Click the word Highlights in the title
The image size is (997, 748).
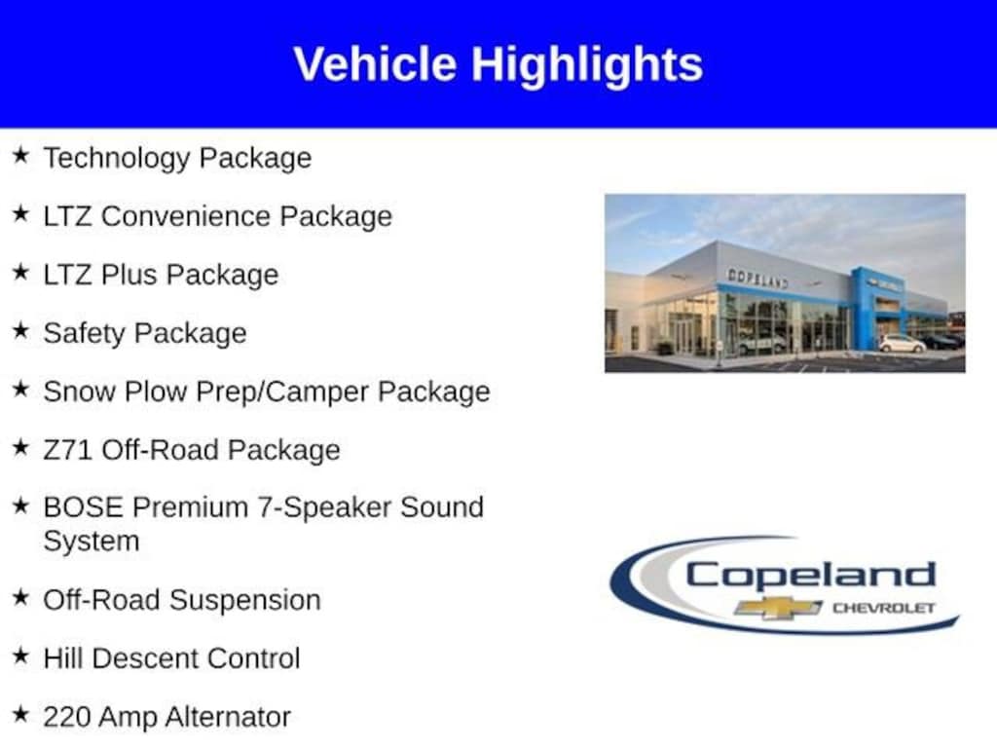(x=587, y=64)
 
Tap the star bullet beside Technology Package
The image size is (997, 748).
(x=20, y=156)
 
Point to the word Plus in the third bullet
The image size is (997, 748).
(x=129, y=275)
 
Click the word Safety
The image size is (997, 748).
(x=85, y=333)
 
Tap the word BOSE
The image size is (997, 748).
(x=84, y=507)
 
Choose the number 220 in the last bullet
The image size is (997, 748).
(x=67, y=718)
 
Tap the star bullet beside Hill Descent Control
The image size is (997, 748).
(x=20, y=656)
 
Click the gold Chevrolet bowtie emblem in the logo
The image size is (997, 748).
(x=777, y=608)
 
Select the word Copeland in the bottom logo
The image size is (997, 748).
(x=810, y=574)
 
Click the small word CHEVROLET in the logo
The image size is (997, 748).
(x=883, y=609)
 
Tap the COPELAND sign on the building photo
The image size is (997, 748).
(x=757, y=278)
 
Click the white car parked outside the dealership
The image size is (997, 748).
(x=902, y=344)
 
